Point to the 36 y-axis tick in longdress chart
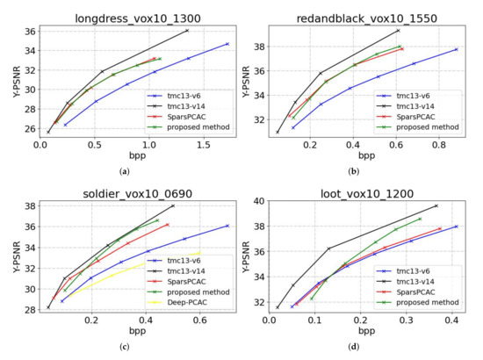(x=29, y=32)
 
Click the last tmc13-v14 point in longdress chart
(x=187, y=30)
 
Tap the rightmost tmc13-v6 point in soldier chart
(x=227, y=226)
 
